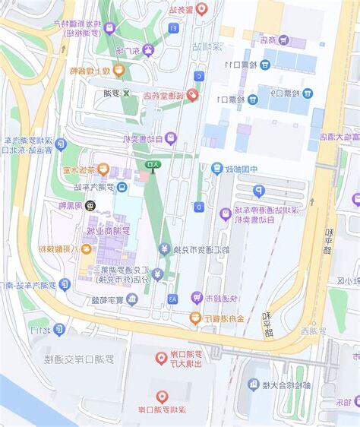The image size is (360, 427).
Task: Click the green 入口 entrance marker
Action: click(153, 164)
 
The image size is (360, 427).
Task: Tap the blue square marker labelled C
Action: click(198, 76)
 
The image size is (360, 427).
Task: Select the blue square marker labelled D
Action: click(198, 206)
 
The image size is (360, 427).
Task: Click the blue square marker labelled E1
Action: click(173, 28)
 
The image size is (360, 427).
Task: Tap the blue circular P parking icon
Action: click(258, 191)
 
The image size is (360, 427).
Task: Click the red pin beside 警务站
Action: click(201, 9)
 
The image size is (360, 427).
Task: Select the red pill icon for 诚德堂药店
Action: click(193, 95)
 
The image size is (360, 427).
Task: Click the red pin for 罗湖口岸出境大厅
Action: click(161, 358)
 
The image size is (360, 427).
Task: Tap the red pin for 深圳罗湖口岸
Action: click(161, 396)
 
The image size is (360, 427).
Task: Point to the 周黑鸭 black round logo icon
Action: click(90, 205)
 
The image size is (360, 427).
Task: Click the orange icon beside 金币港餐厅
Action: click(195, 319)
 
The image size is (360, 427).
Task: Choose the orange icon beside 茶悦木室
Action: click(103, 169)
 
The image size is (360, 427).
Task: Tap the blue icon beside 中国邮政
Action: click(217, 168)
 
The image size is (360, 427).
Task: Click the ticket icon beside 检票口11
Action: click(264, 65)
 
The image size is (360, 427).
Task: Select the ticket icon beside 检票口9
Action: click(307, 93)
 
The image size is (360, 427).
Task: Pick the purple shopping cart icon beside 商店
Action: click(283, 40)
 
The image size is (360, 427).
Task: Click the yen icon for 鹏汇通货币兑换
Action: click(164, 248)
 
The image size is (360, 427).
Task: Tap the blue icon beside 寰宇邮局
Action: click(132, 299)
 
